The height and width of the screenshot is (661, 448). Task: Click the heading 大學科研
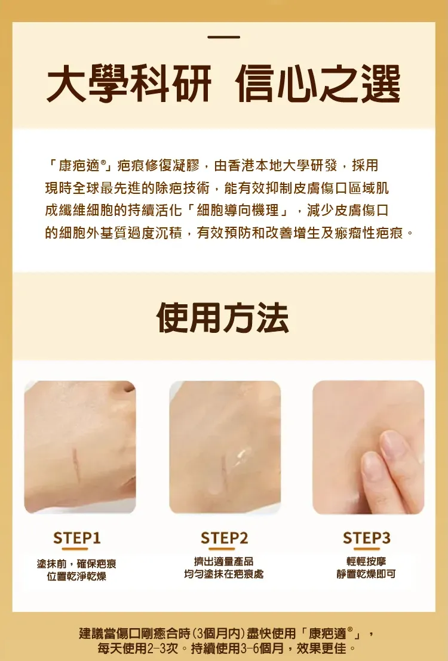pyautogui.click(x=129, y=84)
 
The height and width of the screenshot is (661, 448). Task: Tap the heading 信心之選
pyautogui.click(x=318, y=84)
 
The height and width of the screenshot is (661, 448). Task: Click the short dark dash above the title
pyautogui.click(x=224, y=37)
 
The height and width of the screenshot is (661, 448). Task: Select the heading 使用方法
pyautogui.click(x=223, y=318)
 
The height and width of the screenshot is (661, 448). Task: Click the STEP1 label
pyautogui.click(x=77, y=538)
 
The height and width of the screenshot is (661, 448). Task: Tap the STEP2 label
pyautogui.click(x=224, y=538)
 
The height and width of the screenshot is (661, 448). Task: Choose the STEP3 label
pyautogui.click(x=367, y=538)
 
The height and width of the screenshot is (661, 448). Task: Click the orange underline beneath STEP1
pyautogui.click(x=75, y=549)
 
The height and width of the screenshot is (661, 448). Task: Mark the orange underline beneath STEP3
pyautogui.click(x=367, y=549)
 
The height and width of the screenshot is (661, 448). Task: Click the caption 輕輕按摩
pyautogui.click(x=366, y=561)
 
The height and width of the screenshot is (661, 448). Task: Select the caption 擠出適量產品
pyautogui.click(x=224, y=561)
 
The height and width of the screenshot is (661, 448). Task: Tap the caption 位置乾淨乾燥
pyautogui.click(x=76, y=576)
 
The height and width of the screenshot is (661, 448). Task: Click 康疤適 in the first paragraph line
pyautogui.click(x=78, y=166)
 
